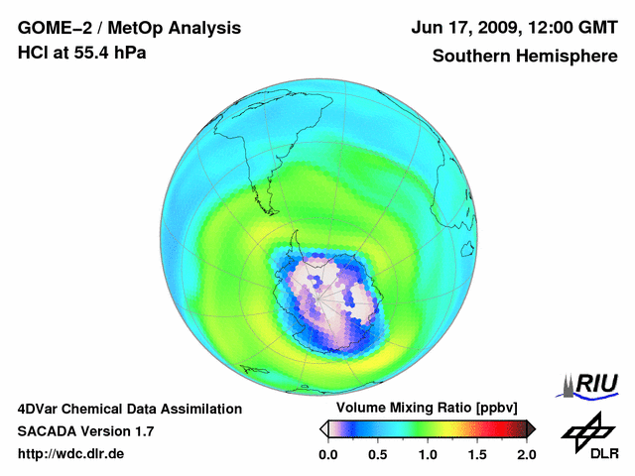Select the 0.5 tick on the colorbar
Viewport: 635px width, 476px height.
point(377,455)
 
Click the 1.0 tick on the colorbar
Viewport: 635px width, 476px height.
point(427,455)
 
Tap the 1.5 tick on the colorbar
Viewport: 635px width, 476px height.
point(476,455)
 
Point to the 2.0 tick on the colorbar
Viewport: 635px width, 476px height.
point(526,455)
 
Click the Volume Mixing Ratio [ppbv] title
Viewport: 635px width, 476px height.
point(423,409)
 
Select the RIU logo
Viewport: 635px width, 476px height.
point(589,384)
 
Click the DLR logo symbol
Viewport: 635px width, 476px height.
point(588,430)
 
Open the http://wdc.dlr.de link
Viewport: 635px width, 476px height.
point(71,455)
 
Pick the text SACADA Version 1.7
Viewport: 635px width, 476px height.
point(85,431)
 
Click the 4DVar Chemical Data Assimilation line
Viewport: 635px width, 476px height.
point(129,409)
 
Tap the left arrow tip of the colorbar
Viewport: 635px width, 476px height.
point(322,428)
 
